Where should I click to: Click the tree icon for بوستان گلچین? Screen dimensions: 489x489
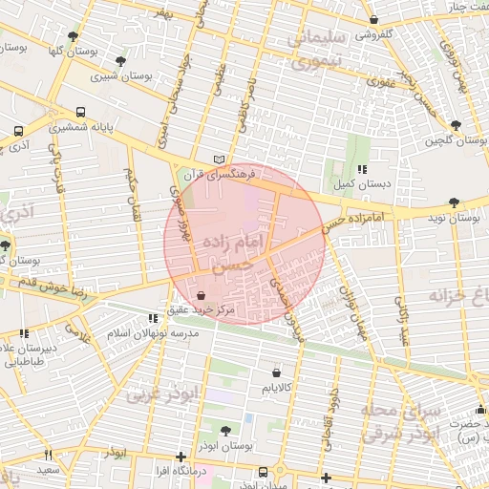(455, 125)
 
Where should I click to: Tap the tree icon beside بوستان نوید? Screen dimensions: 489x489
(453, 202)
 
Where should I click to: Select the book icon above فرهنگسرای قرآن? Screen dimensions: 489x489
(221, 159)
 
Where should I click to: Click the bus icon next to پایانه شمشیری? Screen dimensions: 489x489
(80, 111)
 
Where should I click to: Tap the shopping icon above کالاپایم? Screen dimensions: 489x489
(276, 372)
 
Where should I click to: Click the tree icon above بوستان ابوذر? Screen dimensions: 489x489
(225, 431)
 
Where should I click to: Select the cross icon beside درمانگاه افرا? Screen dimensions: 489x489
(181, 457)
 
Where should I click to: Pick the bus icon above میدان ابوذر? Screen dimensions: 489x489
(264, 472)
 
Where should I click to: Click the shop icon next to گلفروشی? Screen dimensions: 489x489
(373, 19)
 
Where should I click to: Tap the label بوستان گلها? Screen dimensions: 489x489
(46, 49)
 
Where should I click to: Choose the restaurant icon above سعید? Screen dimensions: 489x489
(48, 455)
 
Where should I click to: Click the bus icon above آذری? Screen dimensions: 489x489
(18, 132)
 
